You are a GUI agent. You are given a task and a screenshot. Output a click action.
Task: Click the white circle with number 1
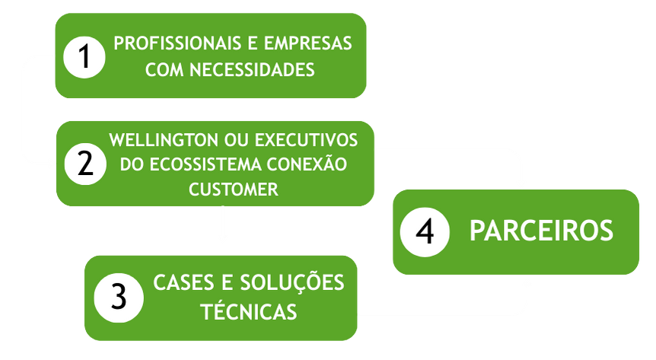(x=84, y=57)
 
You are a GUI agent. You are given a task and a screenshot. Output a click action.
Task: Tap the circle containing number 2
(x=85, y=164)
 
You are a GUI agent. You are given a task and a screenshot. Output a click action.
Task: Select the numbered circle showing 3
(x=118, y=296)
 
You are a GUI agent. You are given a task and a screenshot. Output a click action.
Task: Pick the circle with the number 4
(x=425, y=231)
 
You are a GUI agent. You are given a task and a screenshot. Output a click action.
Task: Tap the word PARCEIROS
(x=541, y=231)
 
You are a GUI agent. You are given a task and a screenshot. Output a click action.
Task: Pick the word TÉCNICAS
(x=247, y=311)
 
